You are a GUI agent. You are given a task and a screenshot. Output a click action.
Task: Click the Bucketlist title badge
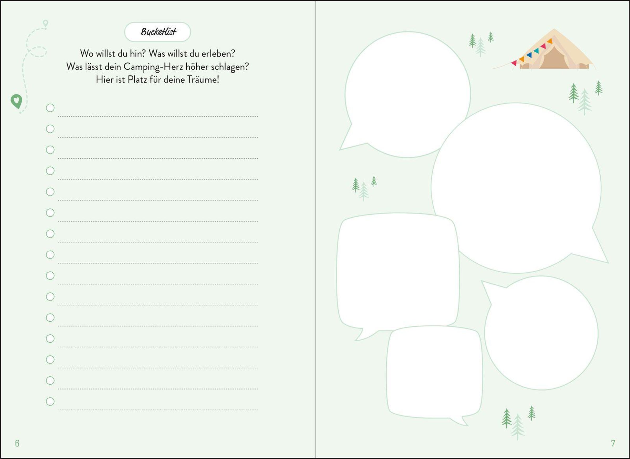(x=157, y=32)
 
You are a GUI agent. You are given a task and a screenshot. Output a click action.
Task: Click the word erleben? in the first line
(x=218, y=53)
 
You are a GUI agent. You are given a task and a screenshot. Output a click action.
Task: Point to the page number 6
(x=17, y=443)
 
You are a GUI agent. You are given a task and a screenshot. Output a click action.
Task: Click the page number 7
(x=613, y=443)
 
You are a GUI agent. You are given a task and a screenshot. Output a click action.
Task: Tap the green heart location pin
(x=17, y=101)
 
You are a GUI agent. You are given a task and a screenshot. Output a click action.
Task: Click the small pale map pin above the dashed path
(x=45, y=23)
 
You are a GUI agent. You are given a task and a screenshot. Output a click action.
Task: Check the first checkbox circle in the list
(x=50, y=108)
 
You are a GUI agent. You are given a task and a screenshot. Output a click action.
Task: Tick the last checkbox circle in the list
(x=50, y=402)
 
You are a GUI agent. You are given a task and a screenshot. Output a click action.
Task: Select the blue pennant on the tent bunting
(x=529, y=55)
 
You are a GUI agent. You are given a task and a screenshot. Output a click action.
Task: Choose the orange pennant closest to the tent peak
(x=550, y=41)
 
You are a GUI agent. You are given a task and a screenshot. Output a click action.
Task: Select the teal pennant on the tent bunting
(x=536, y=51)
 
